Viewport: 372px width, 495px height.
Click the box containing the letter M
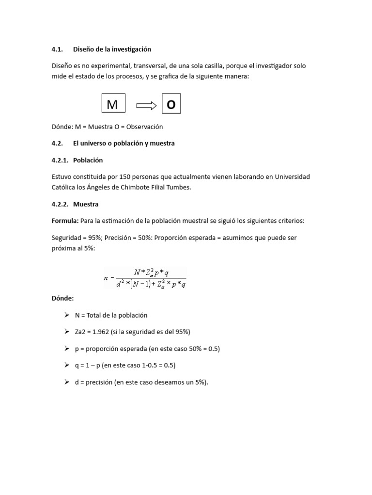click(113, 104)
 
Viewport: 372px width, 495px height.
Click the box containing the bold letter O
click(171, 104)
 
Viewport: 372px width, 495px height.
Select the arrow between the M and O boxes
click(147, 105)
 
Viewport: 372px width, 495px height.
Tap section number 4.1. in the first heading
click(58, 49)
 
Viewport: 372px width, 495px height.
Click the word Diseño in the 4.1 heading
click(84, 49)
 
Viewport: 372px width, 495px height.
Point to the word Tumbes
click(179, 187)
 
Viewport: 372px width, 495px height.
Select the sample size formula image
click(145, 277)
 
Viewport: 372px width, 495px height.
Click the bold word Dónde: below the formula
click(62, 298)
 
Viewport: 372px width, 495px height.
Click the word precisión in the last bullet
click(100, 382)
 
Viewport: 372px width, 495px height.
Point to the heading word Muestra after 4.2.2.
click(86, 204)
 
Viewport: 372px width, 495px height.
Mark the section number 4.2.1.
click(60, 160)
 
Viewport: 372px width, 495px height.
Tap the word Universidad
click(293, 177)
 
